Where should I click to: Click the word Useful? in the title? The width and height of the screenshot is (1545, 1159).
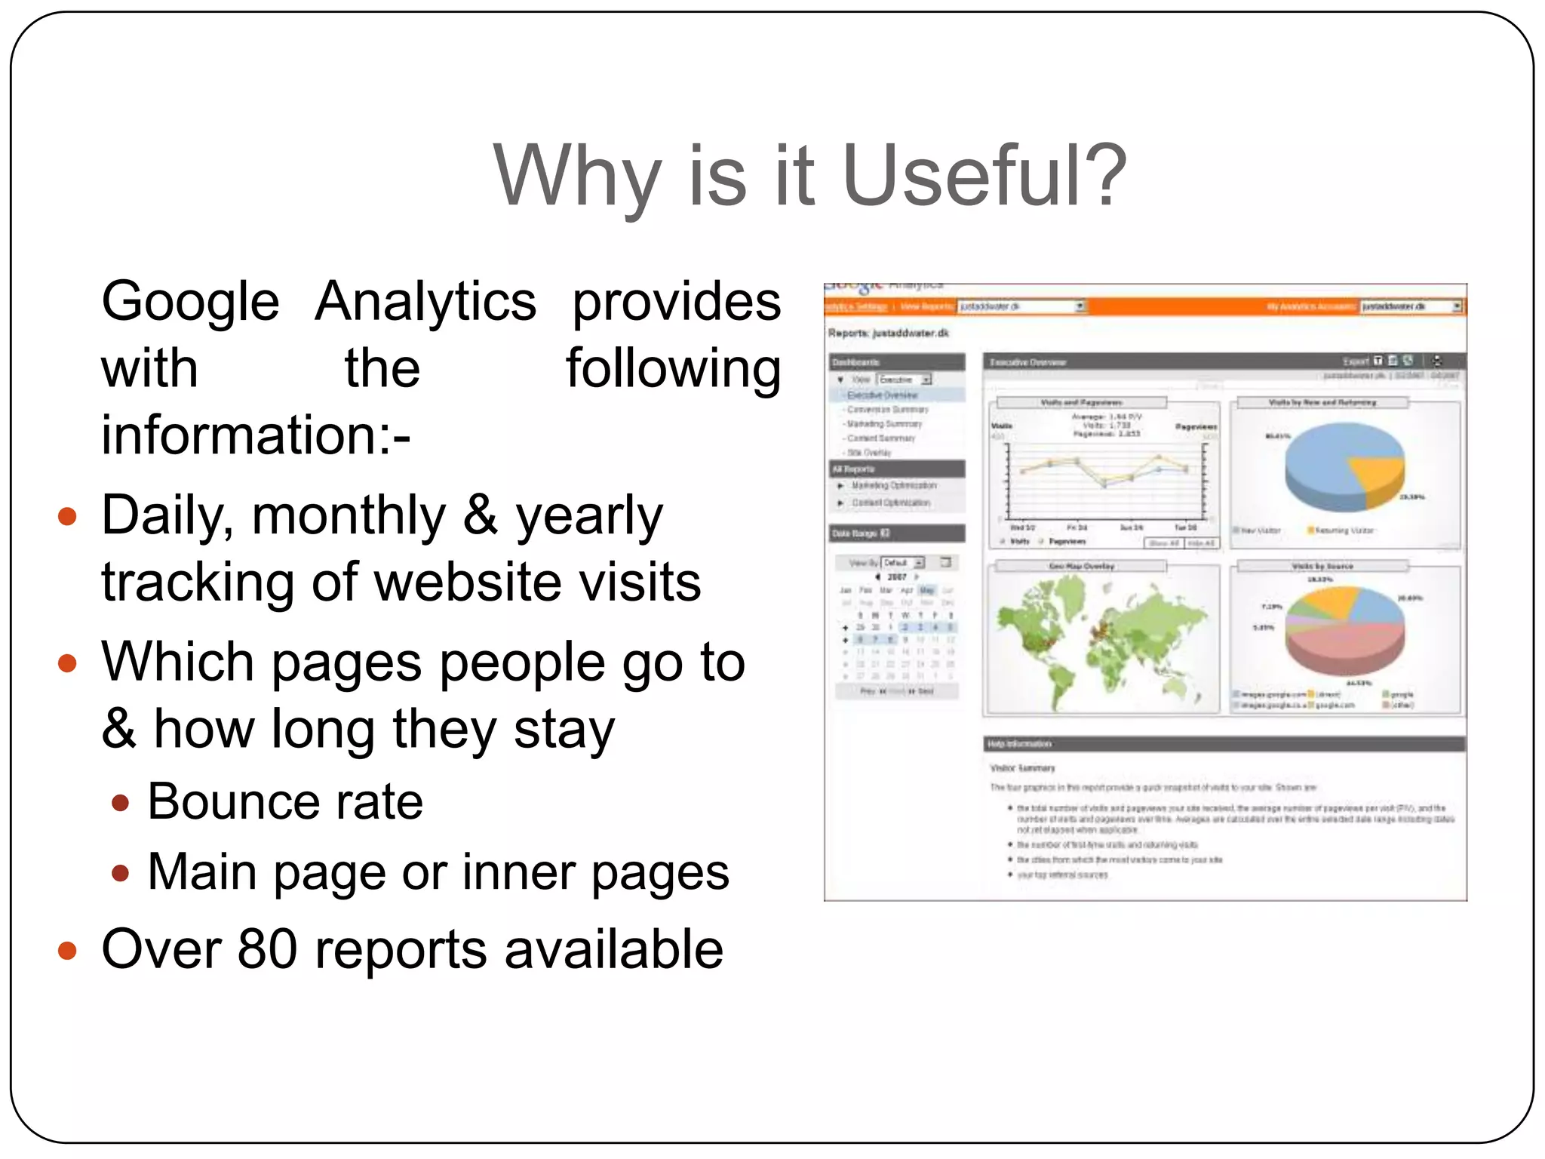click(x=984, y=177)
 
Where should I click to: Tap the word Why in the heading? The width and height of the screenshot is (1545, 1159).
click(x=578, y=178)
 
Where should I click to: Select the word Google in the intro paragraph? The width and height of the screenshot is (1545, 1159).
click(x=190, y=302)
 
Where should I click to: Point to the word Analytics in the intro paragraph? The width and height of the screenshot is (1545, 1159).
click(x=425, y=302)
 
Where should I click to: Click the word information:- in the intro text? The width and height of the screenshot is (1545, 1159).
click(x=256, y=435)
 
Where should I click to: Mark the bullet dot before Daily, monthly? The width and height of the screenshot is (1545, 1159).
click(x=68, y=517)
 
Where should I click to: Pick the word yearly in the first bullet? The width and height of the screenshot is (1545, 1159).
click(x=588, y=518)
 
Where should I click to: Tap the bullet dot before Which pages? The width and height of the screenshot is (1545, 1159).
click(x=68, y=663)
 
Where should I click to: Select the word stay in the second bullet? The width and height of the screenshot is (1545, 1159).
click(x=564, y=730)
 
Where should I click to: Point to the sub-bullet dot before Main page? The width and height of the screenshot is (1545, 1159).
click(x=120, y=873)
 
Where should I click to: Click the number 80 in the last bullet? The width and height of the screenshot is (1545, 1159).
click(x=267, y=949)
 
